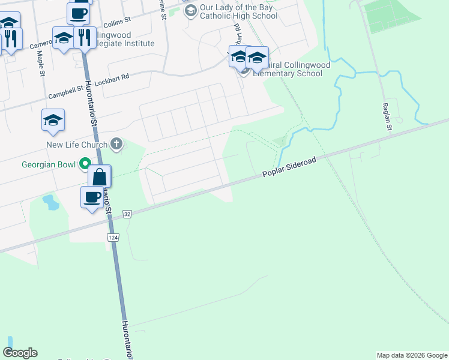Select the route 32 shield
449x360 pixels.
pos(127,214)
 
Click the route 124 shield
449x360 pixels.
pos(113,238)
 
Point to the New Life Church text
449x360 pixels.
pos(77,145)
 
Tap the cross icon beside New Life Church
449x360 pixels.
pos(116,144)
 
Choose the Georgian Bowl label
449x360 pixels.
pos(49,164)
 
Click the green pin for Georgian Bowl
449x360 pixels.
pos(85,163)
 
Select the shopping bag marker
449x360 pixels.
pos(100,178)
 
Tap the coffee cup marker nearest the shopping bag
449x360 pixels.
pos(92,197)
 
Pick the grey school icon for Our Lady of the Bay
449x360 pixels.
pos(190,10)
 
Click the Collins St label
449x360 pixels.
pos(117,23)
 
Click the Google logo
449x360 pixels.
pos(20,353)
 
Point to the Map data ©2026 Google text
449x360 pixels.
pos(412,355)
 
